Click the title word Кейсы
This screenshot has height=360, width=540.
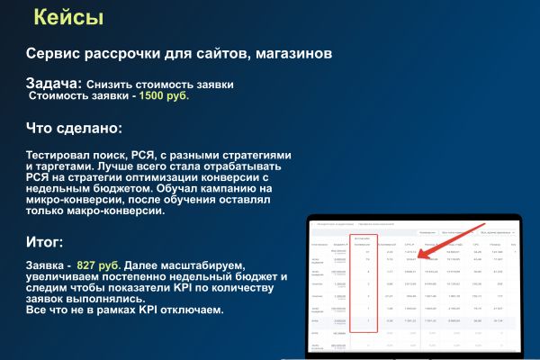coord(67,17)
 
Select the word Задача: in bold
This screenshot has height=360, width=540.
coord(55,83)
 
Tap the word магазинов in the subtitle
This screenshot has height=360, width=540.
coord(292,53)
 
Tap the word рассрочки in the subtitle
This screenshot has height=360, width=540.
coord(136,53)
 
